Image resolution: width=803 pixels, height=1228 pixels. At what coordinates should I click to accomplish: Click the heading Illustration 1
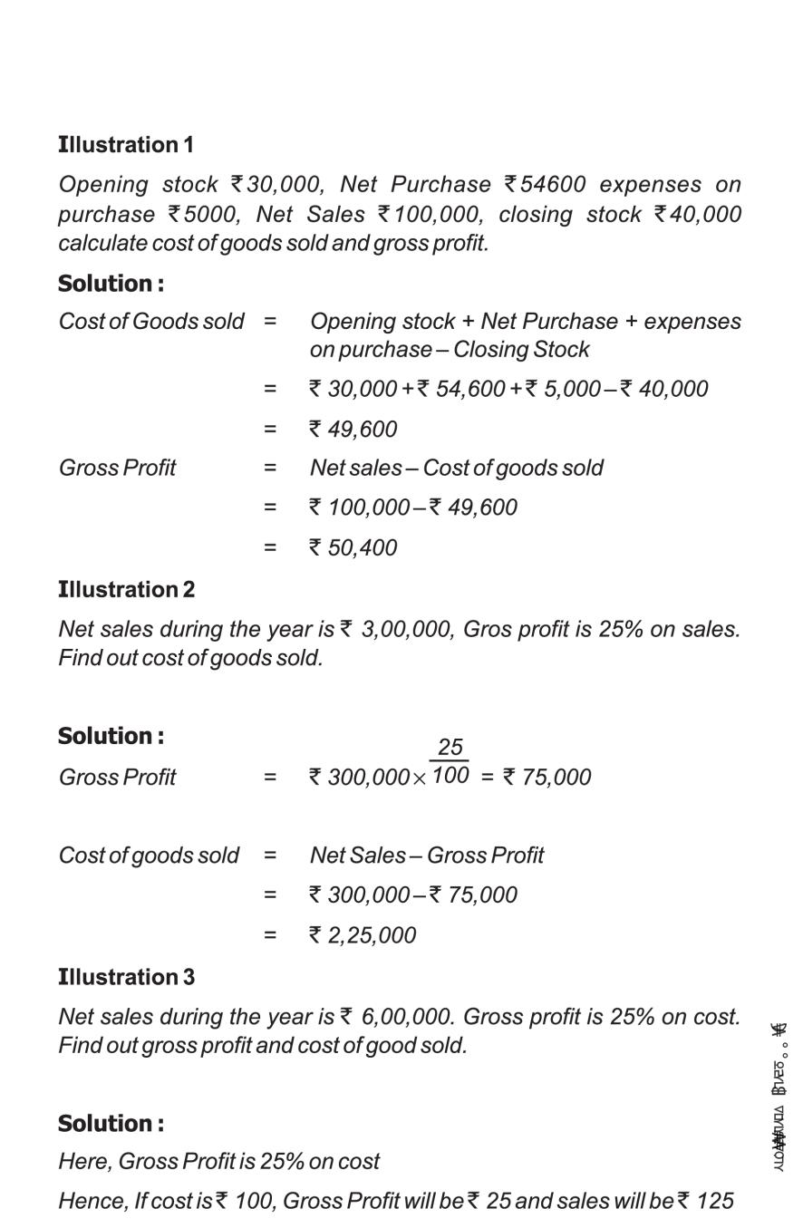pyautogui.click(x=126, y=145)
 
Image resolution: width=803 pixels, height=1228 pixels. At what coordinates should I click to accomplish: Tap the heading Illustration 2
pyautogui.click(x=126, y=590)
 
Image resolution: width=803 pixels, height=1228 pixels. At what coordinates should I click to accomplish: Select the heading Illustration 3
pyautogui.click(x=126, y=978)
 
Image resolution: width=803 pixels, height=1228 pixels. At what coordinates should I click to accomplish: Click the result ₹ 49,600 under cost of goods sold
pyautogui.click(x=353, y=430)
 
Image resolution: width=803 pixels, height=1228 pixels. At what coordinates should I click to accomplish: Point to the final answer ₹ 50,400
pyautogui.click(x=353, y=548)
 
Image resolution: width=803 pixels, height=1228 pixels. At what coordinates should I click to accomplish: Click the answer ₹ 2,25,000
pyautogui.click(x=363, y=935)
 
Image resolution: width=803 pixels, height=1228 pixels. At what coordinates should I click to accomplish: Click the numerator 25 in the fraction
pyautogui.click(x=450, y=748)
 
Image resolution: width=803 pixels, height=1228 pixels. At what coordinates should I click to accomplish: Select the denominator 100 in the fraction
pyautogui.click(x=450, y=776)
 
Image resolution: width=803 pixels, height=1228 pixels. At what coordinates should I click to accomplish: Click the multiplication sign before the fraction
pyautogui.click(x=419, y=779)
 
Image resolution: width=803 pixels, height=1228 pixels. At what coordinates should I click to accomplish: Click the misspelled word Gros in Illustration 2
pyautogui.click(x=486, y=629)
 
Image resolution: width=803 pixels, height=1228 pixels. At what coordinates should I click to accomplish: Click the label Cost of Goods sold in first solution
pyautogui.click(x=151, y=322)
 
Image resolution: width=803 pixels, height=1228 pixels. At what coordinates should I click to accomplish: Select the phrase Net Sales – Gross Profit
pyautogui.click(x=427, y=856)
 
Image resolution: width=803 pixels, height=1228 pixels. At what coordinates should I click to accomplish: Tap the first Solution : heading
pyautogui.click(x=111, y=284)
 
